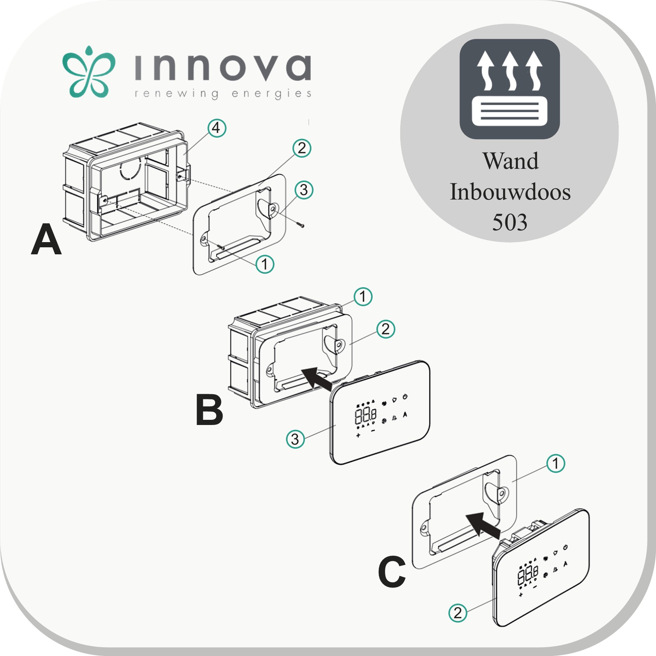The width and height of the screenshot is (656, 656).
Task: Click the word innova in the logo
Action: pos(222,69)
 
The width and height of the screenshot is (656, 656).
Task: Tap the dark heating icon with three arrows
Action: pos(509,89)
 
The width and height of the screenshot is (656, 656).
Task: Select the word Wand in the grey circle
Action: pos(511,161)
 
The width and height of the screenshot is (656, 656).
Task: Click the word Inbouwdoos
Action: pos(510,192)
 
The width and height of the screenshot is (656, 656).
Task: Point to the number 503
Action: pos(509,222)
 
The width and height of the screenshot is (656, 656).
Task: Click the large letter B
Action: pos(209,411)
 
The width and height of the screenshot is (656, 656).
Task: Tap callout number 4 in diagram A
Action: pos(216,128)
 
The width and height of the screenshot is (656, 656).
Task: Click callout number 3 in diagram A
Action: pos(304,190)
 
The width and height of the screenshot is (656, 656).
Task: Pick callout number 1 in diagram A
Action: pos(265,264)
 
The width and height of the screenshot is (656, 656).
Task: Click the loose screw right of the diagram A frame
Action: pos(300,224)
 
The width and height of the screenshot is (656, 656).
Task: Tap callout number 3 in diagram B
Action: pos(295,439)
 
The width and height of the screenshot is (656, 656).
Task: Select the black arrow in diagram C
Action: pos(482,523)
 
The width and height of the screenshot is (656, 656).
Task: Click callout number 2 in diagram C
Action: pos(458,613)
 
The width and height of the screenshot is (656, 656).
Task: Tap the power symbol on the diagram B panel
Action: pos(405,397)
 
